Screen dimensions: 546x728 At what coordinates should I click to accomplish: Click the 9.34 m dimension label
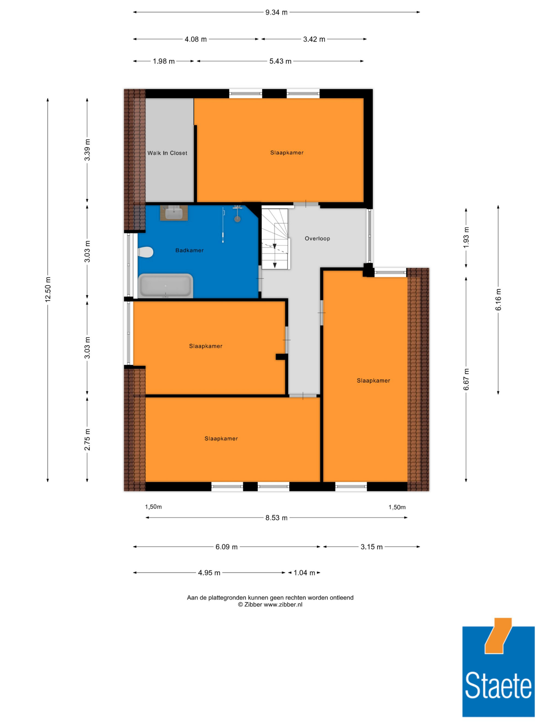coord(277,13)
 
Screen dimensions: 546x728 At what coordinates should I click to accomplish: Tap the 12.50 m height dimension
coord(48,289)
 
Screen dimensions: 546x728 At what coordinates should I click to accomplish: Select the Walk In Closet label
coord(167,153)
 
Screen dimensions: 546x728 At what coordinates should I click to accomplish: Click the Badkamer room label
coord(189,251)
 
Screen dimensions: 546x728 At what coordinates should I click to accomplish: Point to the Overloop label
coord(317,239)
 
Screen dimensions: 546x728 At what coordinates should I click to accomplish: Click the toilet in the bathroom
coord(146,252)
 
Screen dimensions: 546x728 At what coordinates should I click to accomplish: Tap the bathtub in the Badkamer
coord(165,286)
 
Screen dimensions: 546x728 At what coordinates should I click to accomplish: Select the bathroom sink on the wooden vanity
coord(174,213)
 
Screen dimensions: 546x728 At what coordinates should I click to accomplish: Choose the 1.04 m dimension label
coord(304,573)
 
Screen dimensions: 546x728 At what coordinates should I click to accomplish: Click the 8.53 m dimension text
coord(277,518)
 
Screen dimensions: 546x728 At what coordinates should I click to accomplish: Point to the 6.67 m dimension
coord(466,379)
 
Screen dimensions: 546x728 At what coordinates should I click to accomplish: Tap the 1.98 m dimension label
coord(164,61)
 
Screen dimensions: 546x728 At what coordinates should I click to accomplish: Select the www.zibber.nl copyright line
coord(270,605)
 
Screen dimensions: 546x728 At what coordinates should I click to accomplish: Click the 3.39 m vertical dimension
coord(87,150)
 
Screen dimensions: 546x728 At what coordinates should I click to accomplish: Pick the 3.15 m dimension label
coord(372,547)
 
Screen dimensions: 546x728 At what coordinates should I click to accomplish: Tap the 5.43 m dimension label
coord(280,61)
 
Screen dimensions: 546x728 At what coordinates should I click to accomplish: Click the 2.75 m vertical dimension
coord(87,440)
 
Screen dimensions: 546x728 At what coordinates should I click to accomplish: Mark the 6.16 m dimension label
coord(498,299)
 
